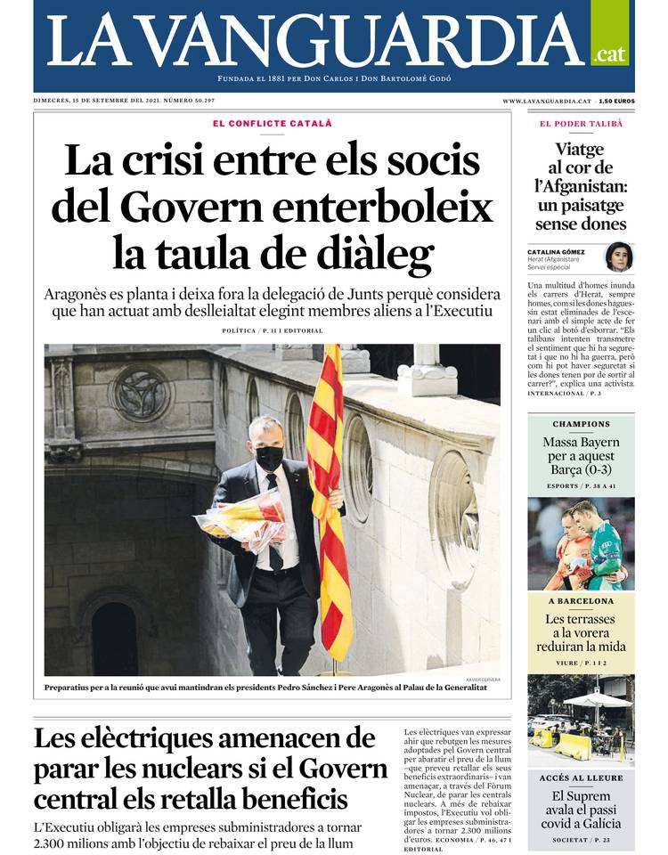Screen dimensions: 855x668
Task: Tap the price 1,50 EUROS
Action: coord(616,102)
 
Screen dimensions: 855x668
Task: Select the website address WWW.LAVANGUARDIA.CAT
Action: coord(547,102)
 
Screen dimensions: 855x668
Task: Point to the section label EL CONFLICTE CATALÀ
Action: coord(272,123)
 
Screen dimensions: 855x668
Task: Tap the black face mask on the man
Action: coord(269,458)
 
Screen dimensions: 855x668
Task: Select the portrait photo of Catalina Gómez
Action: coord(618,257)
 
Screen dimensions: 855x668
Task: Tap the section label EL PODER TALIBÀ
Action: coord(581,123)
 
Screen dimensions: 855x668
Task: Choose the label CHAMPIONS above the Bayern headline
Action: coord(581,425)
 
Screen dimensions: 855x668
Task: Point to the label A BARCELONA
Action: coord(581,601)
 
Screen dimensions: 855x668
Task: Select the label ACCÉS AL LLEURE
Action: coord(581,778)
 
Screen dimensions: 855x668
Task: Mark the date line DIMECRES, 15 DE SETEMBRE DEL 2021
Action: coord(125,102)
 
